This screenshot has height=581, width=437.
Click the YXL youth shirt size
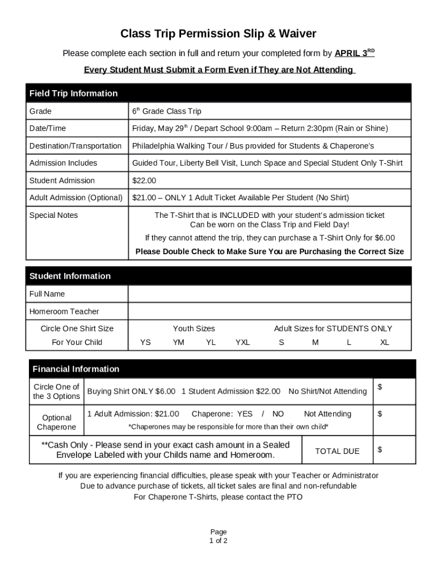pos(242,342)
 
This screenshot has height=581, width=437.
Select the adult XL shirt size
pos(384,342)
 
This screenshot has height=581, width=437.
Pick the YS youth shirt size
pos(145,342)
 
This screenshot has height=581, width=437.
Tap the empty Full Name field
pos(269,294)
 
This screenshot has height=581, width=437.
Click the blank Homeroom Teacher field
pos(269,311)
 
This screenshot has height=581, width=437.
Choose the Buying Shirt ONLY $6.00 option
pos(131,391)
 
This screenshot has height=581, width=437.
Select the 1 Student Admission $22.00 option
pos(234,391)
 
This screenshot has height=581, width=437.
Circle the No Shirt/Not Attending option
pos(327,391)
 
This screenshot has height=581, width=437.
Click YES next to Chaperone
pos(245,414)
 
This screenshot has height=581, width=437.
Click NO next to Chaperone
pos(278,414)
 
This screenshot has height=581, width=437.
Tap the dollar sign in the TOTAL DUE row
pos(380,450)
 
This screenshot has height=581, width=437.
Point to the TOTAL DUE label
pos(337,451)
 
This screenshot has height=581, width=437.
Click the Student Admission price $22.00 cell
pos(144,180)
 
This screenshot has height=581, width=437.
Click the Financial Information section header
pos(76,369)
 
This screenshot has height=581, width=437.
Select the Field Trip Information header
pos(74,93)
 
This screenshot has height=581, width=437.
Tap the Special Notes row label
pos(54,216)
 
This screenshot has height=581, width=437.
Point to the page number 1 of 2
pos(218,541)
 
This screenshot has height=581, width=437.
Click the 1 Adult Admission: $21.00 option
pos(133,414)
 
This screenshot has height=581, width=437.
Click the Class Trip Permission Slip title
pos(218,33)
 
